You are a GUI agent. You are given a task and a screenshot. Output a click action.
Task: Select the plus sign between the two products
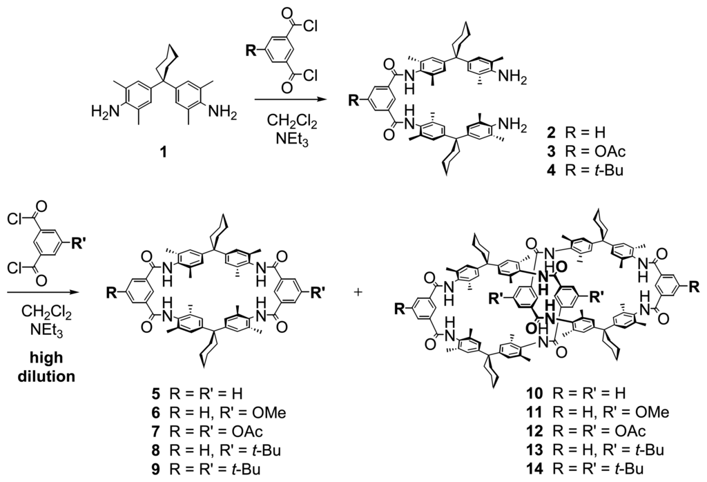pos(358,291)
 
